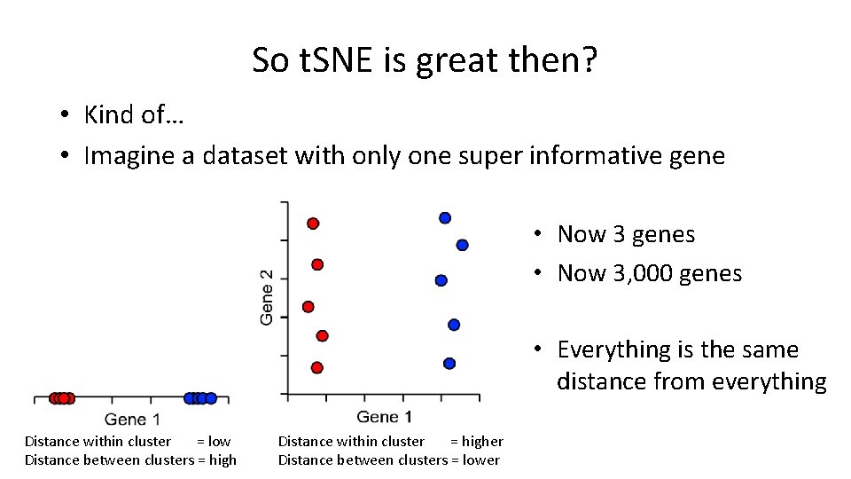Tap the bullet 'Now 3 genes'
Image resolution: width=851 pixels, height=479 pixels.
[626, 234]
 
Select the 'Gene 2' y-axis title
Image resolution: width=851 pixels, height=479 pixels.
[267, 297]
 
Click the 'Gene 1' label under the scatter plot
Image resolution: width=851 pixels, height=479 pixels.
[384, 417]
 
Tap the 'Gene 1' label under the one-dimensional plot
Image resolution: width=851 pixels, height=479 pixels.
[132, 419]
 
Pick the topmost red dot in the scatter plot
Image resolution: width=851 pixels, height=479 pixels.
[313, 224]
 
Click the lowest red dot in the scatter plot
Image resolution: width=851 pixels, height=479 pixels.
[317, 367]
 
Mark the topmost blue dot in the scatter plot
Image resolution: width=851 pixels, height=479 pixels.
[445, 218]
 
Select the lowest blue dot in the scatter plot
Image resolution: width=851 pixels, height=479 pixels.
[449, 363]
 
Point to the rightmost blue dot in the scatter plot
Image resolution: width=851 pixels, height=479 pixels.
[462, 245]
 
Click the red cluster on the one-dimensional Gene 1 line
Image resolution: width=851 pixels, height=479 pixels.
[62, 398]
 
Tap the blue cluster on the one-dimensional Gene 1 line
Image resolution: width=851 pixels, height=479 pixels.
[199, 398]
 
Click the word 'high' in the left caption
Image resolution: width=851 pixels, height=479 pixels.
[223, 459]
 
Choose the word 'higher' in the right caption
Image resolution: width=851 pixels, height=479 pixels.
[483, 441]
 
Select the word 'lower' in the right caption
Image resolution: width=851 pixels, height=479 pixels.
[481, 459]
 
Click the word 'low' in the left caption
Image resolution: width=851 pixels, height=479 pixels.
[219, 441]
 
